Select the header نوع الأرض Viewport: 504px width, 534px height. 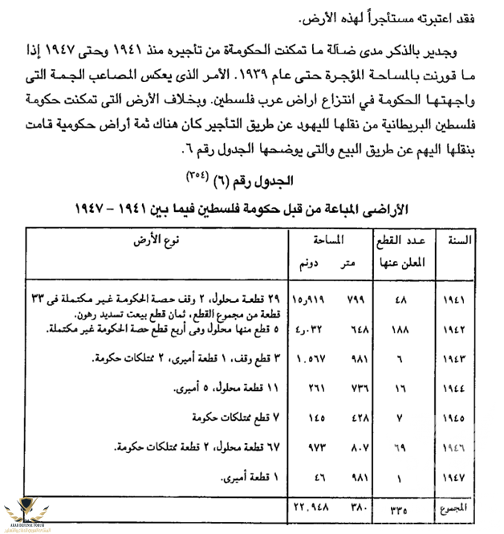pos(161,240)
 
